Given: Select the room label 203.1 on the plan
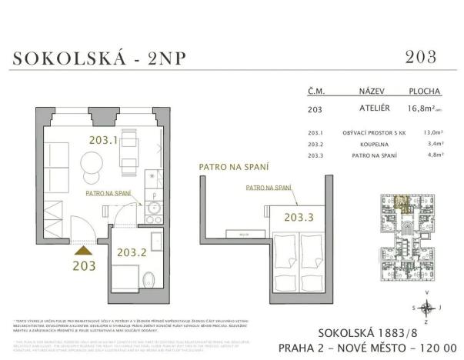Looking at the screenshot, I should pyautogui.click(x=102, y=141).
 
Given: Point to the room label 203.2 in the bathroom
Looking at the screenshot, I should pyautogui.click(x=131, y=251).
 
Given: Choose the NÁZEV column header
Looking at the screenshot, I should pyautogui.click(x=362, y=89).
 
